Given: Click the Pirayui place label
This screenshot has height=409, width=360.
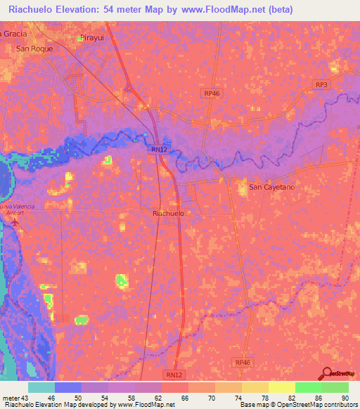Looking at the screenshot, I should (91, 37).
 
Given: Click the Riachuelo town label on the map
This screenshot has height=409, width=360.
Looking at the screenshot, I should (168, 212).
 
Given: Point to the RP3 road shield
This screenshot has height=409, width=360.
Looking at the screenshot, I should (321, 85).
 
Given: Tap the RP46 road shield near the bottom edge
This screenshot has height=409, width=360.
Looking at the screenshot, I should (243, 362).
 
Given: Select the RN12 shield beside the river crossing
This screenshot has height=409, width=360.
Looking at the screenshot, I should (158, 149).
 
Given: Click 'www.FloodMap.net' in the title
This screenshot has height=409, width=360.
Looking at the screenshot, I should (219, 9).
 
